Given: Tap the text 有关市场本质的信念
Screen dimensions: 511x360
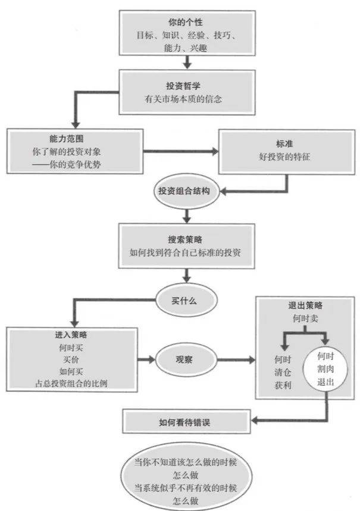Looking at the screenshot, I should tap(182, 99).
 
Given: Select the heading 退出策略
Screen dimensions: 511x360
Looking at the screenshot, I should tap(301, 306).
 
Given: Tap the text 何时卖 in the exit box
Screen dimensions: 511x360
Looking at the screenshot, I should tap(301, 319).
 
